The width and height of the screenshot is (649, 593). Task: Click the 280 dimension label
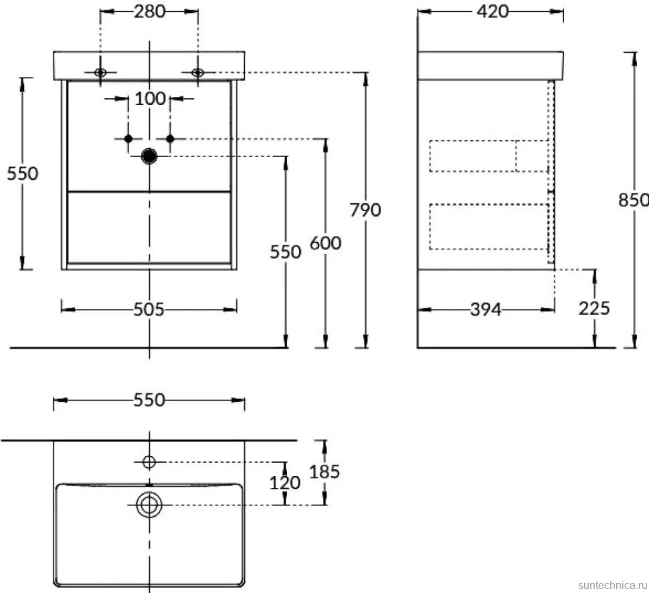tap(149, 11)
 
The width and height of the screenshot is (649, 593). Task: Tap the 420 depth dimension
tap(492, 11)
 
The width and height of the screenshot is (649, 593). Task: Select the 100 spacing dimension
tap(151, 98)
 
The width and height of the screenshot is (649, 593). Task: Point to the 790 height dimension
tap(365, 210)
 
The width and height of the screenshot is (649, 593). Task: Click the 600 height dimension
tap(326, 243)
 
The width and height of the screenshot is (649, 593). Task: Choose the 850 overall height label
tap(633, 200)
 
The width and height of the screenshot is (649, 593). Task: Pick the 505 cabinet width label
tap(149, 310)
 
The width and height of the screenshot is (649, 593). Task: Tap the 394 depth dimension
tap(486, 310)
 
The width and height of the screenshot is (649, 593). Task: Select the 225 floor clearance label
tap(594, 308)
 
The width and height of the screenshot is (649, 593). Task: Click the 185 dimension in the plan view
tap(324, 471)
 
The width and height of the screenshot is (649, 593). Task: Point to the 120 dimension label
tap(285, 483)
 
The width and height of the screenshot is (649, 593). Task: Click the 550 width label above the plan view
tap(149, 400)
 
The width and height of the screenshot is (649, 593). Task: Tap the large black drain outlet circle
tap(149, 156)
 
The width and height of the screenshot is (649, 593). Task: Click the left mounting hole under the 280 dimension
tap(100, 72)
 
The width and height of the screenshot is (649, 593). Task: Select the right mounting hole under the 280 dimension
tap(198, 72)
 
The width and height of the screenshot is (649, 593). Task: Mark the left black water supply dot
tap(128, 138)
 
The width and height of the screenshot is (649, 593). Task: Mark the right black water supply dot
tap(170, 138)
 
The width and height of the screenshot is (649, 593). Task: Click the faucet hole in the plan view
tap(149, 462)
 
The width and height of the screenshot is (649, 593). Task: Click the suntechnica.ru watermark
tap(612, 585)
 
